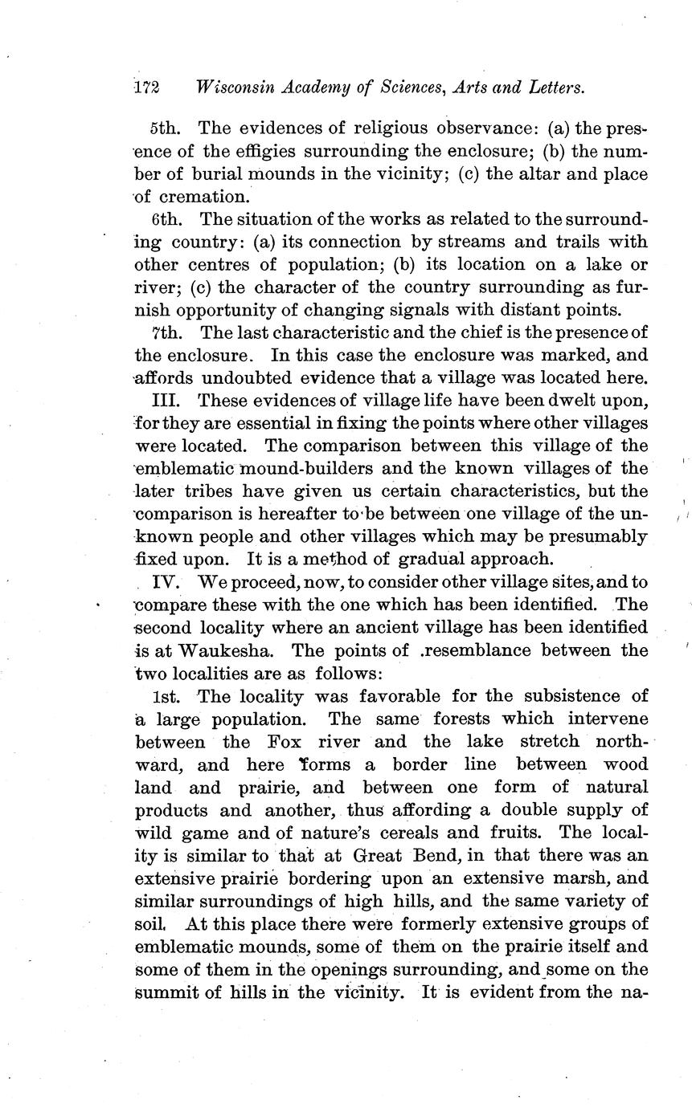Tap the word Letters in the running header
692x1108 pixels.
click(551, 88)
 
